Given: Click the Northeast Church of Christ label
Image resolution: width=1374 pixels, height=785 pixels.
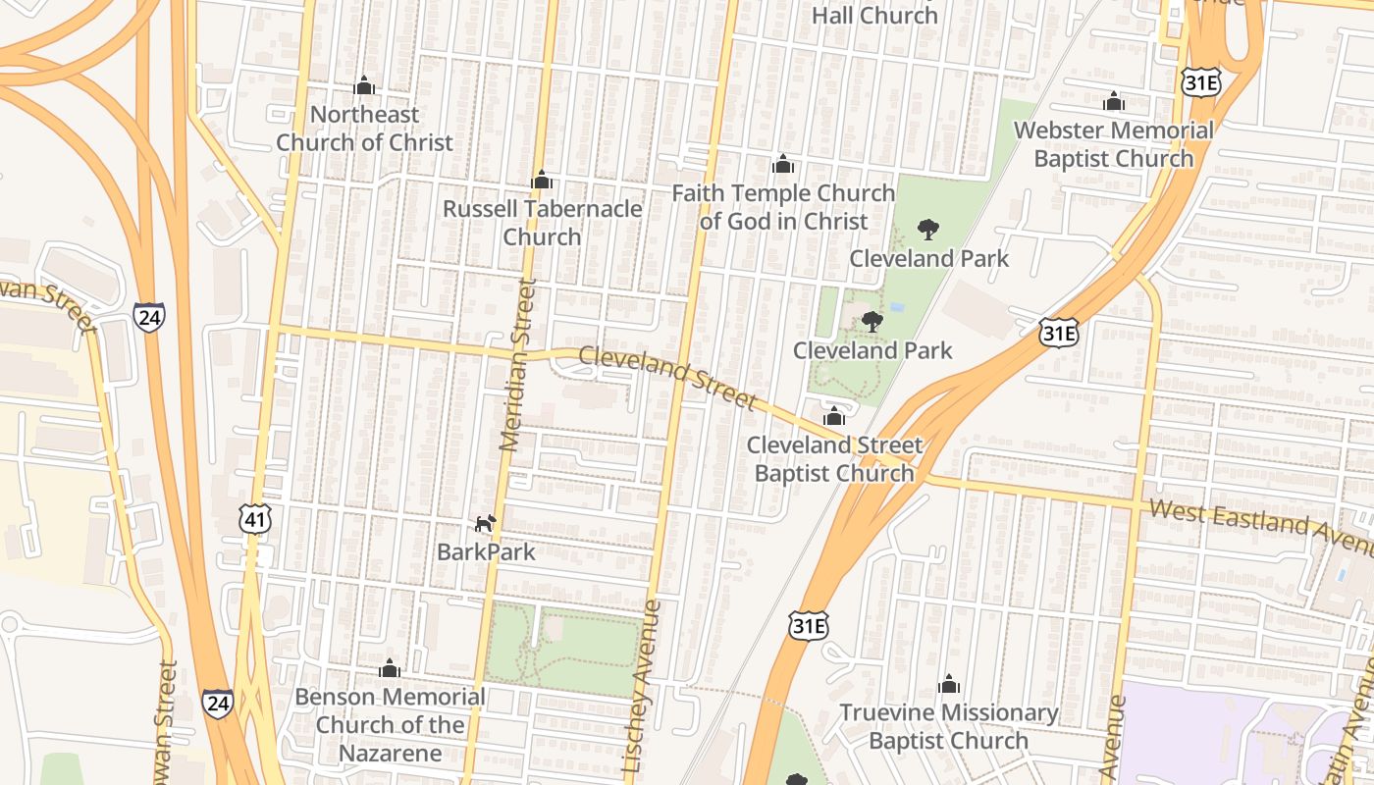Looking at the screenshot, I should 364,129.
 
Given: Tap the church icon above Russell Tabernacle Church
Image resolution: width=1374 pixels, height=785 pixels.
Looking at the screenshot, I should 541,181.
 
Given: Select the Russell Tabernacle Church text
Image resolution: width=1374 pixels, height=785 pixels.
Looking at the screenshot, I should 542,223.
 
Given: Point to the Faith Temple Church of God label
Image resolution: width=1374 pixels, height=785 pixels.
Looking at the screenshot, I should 783,207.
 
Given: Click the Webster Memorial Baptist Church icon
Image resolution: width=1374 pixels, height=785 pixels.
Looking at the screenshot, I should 1113,102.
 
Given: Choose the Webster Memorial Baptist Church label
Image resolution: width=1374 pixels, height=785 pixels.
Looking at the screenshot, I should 1113,144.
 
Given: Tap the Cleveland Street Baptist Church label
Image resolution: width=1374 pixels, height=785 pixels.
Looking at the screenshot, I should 834,459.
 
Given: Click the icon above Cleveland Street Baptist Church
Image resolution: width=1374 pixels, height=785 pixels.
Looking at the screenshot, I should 834,416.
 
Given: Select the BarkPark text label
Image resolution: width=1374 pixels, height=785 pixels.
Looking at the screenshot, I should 486,551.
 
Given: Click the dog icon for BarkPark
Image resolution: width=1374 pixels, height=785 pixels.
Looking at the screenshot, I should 486,523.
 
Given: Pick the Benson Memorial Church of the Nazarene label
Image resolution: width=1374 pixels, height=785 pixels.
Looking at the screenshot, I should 390,725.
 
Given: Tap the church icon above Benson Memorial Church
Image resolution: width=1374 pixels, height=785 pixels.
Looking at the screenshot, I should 390,669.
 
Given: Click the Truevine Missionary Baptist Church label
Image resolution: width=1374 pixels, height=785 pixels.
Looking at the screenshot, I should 948,726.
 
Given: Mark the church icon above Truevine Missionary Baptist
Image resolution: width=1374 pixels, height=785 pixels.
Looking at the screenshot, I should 948,684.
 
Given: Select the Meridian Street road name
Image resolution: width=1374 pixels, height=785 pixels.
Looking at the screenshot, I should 519,365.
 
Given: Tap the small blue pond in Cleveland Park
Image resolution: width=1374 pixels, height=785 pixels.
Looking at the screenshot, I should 896,307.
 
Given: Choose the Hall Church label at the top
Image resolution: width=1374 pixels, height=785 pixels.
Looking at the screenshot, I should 875,15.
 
